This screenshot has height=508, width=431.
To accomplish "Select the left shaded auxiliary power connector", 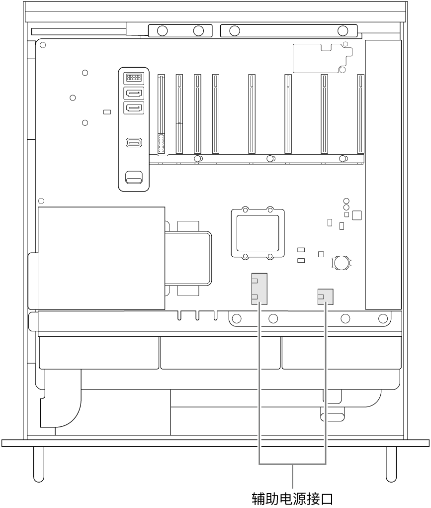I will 259,289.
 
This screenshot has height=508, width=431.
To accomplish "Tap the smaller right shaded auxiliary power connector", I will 325,297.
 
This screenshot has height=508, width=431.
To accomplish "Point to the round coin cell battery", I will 342,262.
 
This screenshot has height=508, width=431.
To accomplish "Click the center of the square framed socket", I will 258,232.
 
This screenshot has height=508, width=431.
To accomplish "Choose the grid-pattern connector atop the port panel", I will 133,78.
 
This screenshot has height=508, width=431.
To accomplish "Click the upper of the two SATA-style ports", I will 133,93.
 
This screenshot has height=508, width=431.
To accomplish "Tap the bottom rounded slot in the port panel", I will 133,177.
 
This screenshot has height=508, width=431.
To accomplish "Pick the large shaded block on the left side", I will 101,257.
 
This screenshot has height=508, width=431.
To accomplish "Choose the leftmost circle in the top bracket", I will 162,31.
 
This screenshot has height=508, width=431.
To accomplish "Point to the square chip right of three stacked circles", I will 356,215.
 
